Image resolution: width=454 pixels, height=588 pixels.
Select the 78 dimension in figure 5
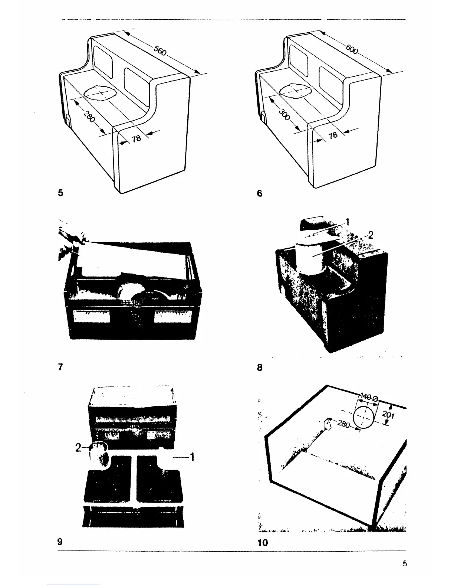136,138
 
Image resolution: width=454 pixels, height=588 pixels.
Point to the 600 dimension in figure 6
352,49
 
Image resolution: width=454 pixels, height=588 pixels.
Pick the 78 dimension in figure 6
333,135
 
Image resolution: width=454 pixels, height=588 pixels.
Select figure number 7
60,367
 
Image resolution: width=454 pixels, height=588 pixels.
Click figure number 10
262,543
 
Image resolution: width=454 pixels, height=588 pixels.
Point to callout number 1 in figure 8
347,222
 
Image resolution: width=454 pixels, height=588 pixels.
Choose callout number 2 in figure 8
370,235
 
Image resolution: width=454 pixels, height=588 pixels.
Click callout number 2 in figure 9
78,448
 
